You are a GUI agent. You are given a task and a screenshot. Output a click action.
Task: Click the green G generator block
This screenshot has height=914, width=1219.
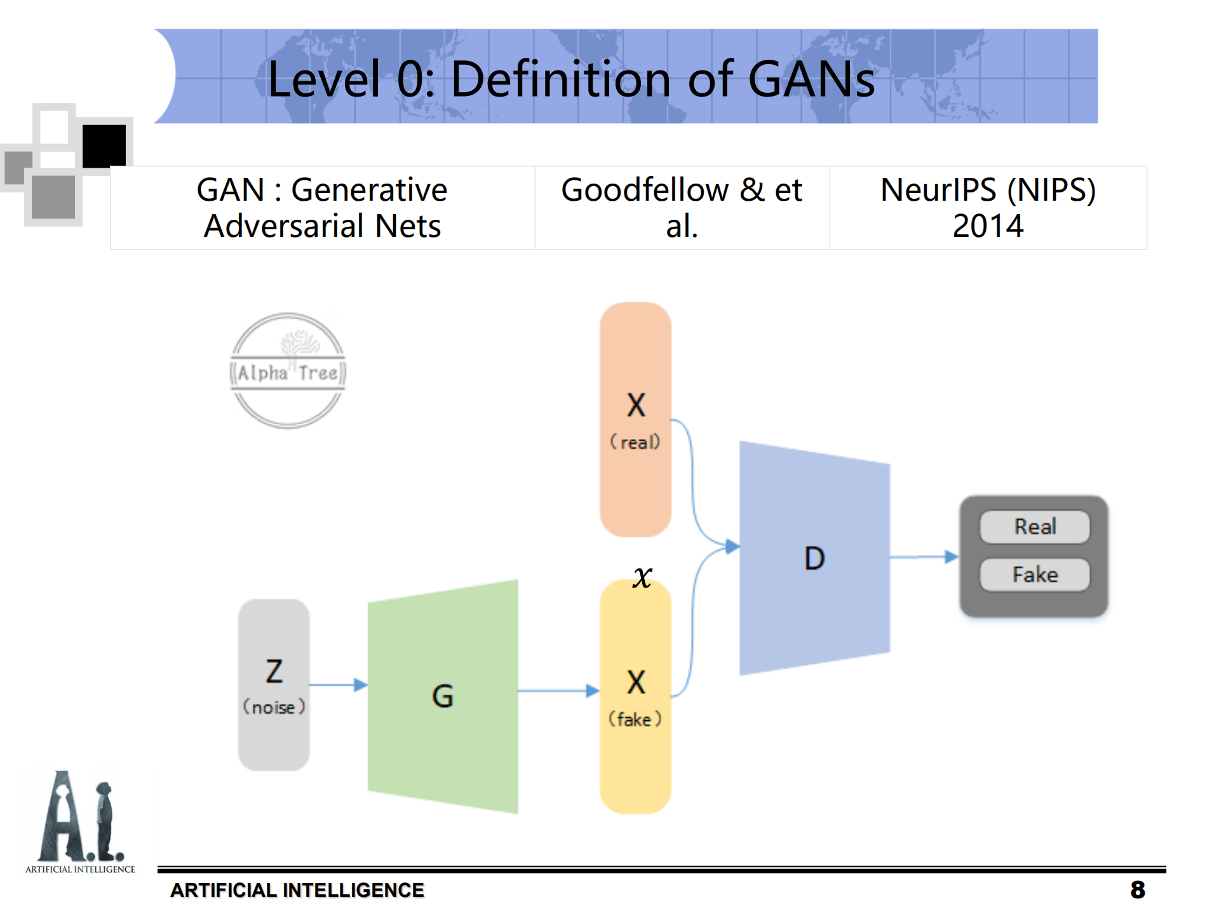click(x=443, y=696)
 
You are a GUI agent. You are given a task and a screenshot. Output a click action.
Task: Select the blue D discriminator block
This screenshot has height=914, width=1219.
click(x=814, y=558)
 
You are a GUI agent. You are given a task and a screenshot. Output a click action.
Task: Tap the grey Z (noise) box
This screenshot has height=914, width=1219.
click(x=274, y=685)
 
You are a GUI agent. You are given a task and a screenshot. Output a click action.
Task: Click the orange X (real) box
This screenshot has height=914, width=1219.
click(x=635, y=419)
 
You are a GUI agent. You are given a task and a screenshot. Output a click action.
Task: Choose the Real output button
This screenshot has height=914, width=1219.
click(x=1035, y=527)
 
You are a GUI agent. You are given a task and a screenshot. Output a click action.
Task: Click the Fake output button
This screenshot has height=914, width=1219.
click(x=1035, y=575)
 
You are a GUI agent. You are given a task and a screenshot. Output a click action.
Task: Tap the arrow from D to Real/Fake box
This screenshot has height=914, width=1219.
click(x=924, y=557)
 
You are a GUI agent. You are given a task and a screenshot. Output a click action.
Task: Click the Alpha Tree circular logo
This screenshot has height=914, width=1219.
click(x=288, y=371)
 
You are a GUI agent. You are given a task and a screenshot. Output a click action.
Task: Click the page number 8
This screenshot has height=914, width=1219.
click(x=1137, y=890)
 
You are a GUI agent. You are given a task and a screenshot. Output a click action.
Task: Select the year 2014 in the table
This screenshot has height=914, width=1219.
click(x=988, y=226)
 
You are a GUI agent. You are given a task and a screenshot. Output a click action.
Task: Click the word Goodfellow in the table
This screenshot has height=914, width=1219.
click(x=645, y=190)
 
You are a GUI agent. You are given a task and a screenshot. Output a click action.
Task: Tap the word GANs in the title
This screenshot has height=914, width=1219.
click(x=811, y=79)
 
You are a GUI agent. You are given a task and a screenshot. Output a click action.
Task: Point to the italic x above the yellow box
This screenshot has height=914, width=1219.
click(x=642, y=577)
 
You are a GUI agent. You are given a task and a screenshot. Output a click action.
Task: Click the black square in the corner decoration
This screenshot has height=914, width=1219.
click(x=104, y=146)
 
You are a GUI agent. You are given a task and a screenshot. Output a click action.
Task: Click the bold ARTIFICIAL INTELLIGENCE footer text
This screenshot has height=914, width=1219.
click(x=297, y=890)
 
